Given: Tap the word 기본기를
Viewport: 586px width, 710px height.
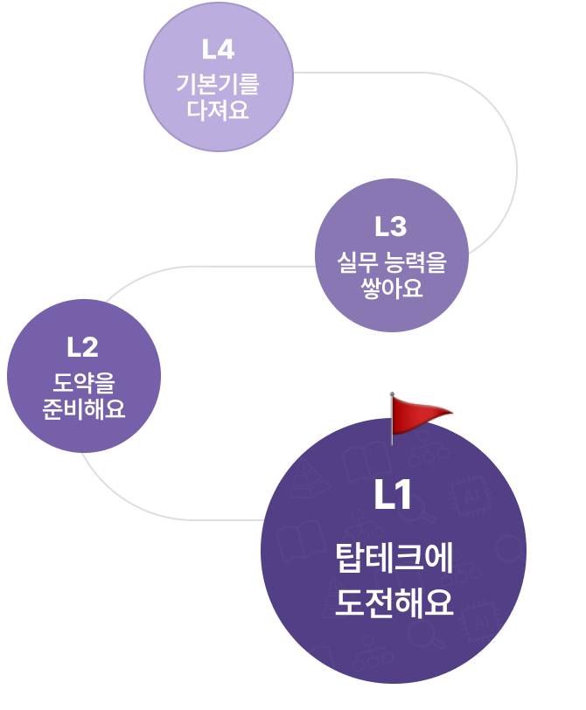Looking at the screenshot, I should pos(218,86).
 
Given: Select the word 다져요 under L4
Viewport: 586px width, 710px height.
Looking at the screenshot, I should pos(218,110).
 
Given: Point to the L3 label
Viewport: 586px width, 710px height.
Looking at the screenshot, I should pos(391,226).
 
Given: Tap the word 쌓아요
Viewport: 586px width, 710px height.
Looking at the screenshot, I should pos(391,288).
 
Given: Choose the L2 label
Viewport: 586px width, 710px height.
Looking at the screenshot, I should pos(82,347).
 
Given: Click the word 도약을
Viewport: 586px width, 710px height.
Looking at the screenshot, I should pos(83,383).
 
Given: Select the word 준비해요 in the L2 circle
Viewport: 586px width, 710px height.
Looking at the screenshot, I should pos(83,408).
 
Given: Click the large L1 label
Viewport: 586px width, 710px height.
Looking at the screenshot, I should pos(393,497).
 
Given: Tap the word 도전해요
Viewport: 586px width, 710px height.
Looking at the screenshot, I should pos(394,602).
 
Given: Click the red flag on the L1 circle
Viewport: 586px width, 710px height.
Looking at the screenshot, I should pos(420,414).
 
